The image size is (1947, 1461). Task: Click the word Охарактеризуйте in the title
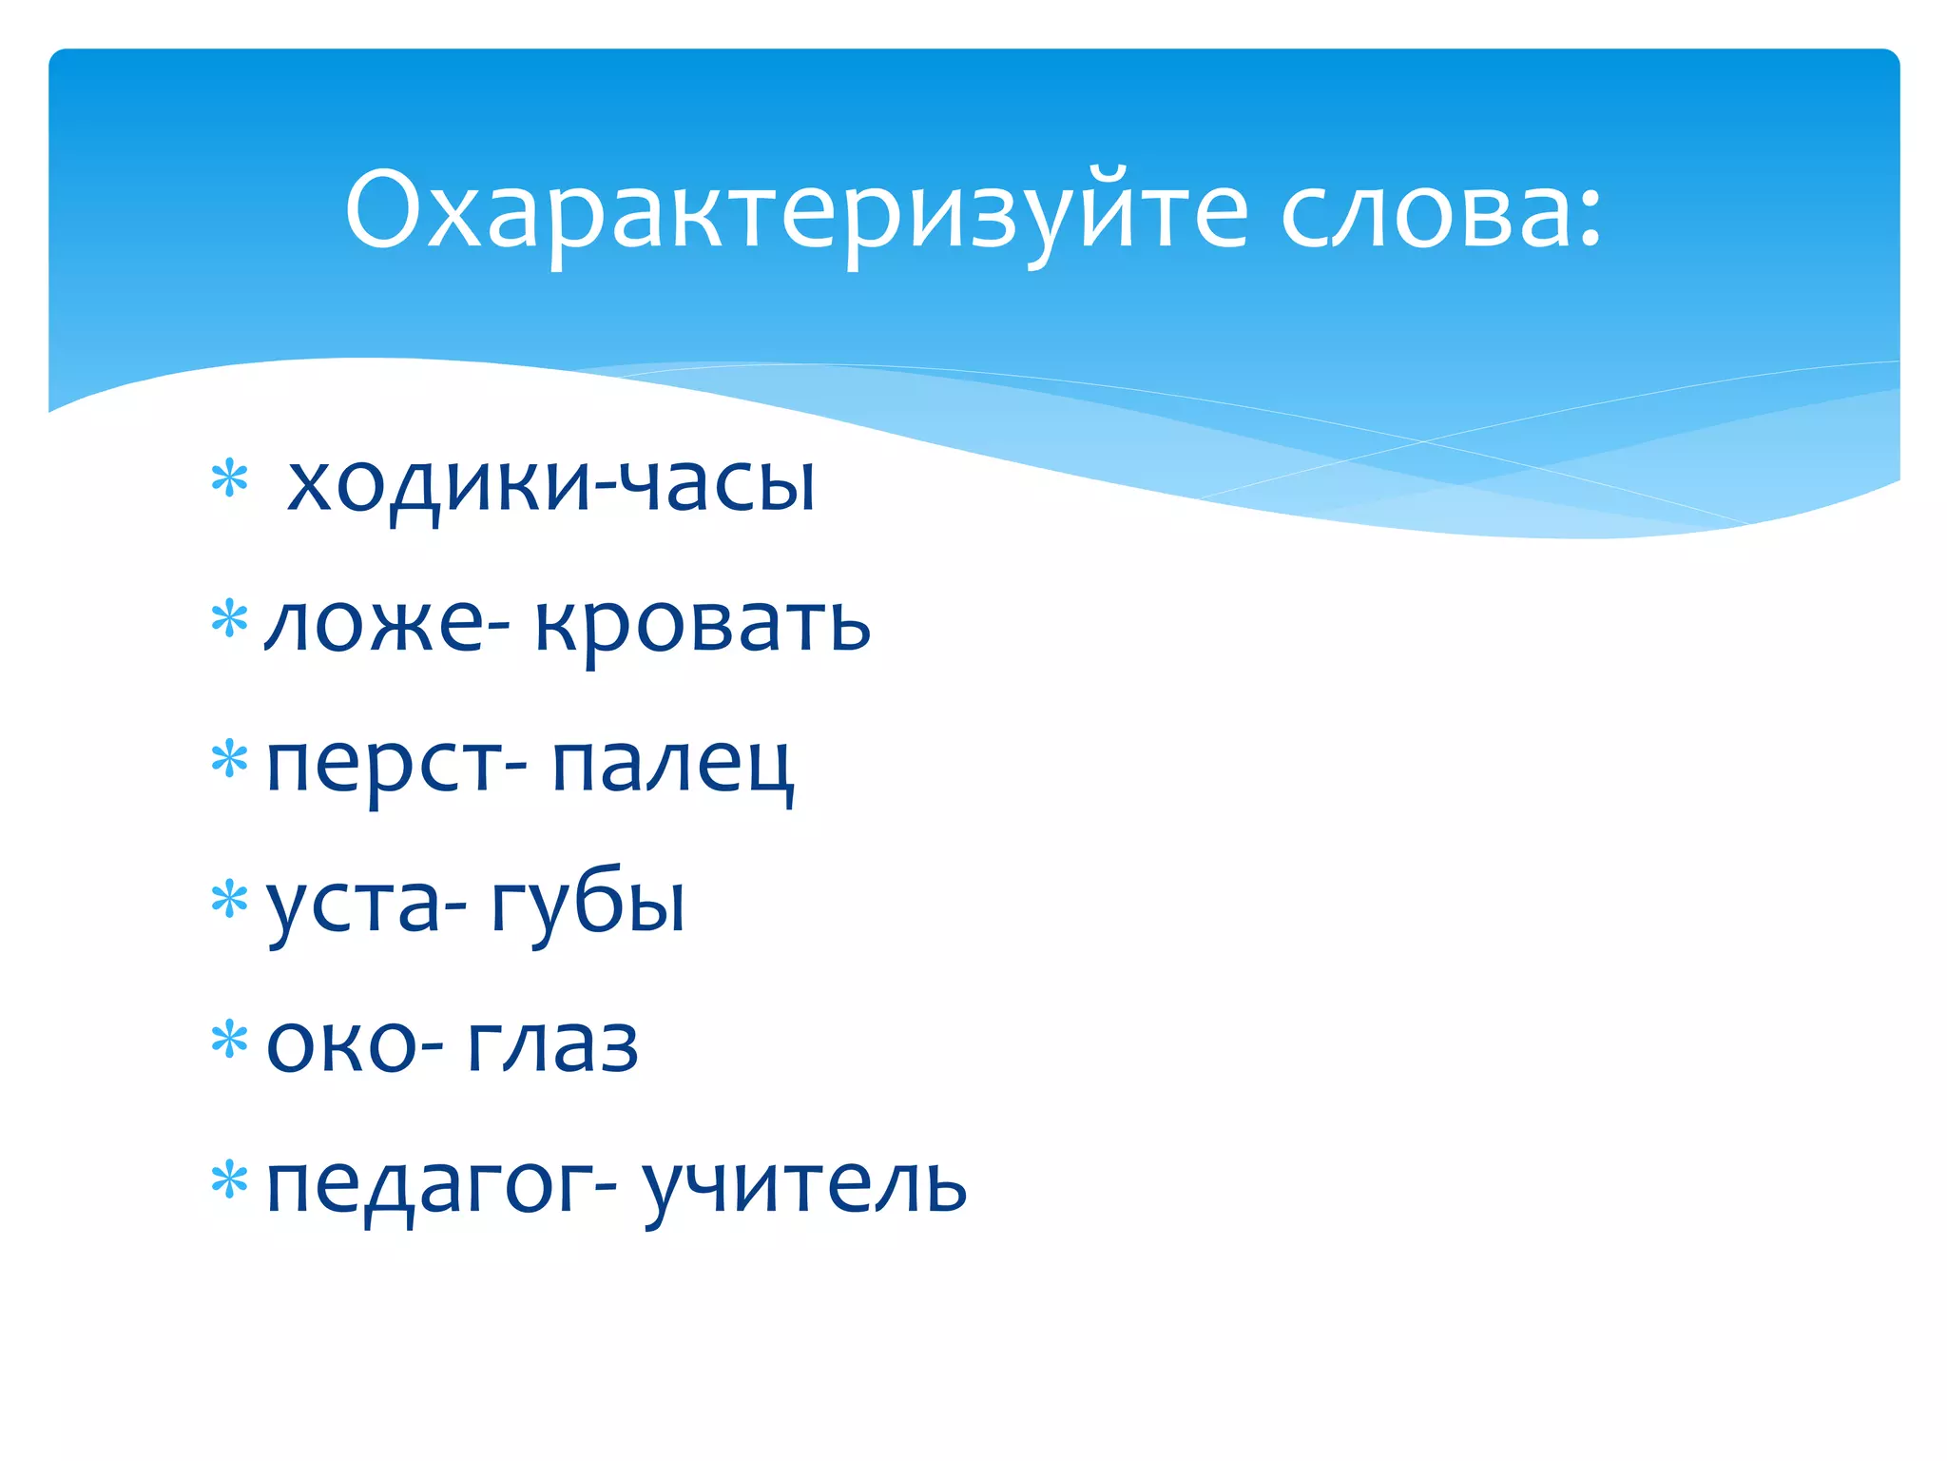click(x=796, y=211)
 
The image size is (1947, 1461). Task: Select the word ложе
click(x=376, y=625)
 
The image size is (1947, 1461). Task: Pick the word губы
click(x=588, y=905)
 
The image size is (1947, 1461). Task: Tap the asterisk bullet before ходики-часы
click(x=229, y=478)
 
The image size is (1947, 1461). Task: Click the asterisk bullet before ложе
click(x=229, y=619)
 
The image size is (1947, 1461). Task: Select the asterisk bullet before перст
click(x=229, y=759)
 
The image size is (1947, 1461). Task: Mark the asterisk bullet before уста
click(x=229, y=899)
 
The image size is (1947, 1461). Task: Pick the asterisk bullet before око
click(x=229, y=1040)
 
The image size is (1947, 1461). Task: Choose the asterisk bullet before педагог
click(x=229, y=1180)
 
